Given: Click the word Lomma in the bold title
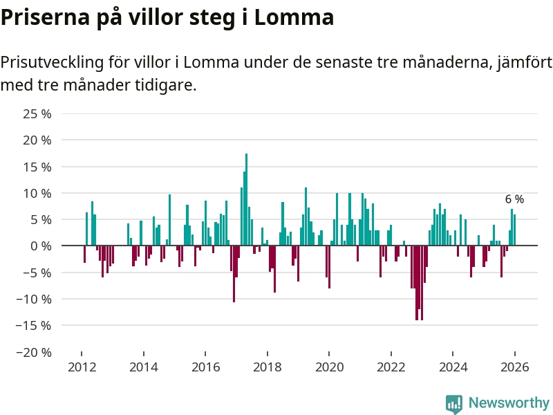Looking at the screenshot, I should click(x=294, y=17).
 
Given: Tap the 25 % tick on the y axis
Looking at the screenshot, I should click(x=38, y=113).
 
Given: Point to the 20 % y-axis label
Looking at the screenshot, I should click(x=38, y=140).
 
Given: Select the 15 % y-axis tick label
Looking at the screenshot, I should click(x=38, y=167).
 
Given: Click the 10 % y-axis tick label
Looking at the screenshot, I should click(x=38, y=193).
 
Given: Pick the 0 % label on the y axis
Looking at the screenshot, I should click(x=41, y=246).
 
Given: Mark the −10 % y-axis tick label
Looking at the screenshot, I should click(x=35, y=299).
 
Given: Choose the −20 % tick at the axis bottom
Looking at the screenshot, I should click(x=35, y=352).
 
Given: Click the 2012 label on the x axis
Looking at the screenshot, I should click(x=82, y=367).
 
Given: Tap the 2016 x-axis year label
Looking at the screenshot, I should click(x=205, y=367).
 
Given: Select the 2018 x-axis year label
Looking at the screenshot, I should click(x=268, y=367).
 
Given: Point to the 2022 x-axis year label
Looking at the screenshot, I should click(x=391, y=367).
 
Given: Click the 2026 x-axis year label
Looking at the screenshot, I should click(x=515, y=367).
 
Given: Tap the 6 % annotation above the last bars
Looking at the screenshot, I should click(x=514, y=199).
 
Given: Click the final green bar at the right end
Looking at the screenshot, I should click(x=515, y=230).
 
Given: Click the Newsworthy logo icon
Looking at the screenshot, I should click(x=454, y=404).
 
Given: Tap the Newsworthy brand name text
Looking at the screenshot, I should click(x=509, y=403).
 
